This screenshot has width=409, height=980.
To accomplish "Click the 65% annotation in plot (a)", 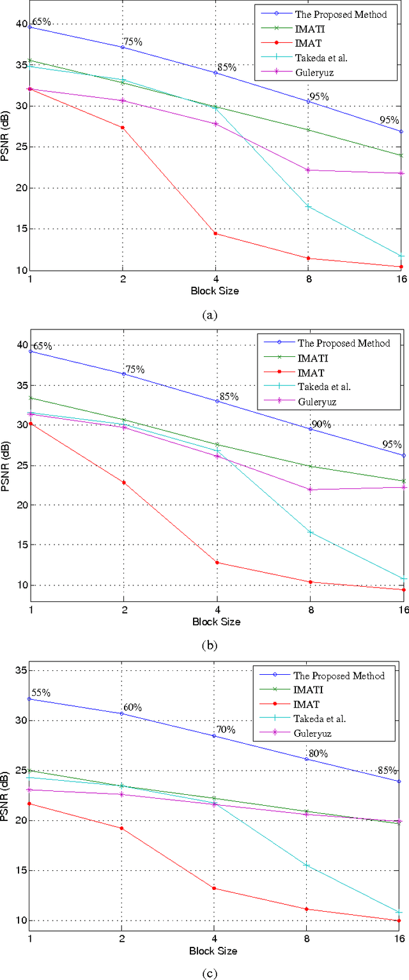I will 41,22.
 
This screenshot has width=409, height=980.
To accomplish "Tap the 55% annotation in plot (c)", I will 40,693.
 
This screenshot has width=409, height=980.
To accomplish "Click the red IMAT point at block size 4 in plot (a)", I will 215,234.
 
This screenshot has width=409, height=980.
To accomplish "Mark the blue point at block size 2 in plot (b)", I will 123,374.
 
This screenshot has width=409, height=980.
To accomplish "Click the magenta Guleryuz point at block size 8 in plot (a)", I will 307,170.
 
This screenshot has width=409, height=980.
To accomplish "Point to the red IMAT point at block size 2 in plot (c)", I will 122,828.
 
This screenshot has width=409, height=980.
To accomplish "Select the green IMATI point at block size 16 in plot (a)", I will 401,155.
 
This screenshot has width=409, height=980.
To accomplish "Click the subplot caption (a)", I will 210,314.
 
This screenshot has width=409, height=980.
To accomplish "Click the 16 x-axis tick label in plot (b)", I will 401,610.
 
